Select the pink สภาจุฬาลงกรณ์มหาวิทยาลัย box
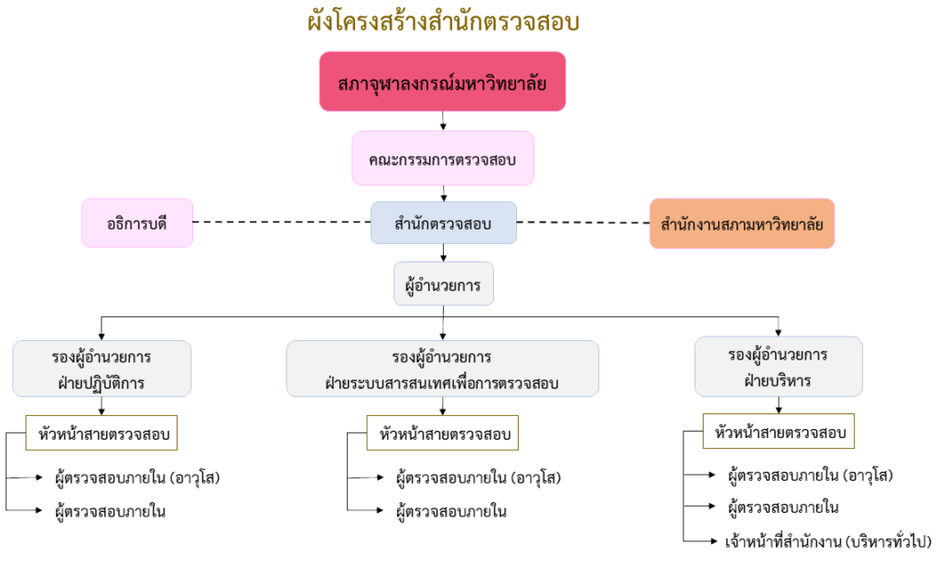[442, 81]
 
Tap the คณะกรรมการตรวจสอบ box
[443, 158]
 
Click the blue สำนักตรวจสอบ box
[444, 223]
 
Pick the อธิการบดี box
[137, 222]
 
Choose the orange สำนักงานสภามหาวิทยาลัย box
[741, 223]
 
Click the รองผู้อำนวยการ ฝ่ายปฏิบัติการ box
[102, 369]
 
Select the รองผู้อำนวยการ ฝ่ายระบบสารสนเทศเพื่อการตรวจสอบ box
[442, 369]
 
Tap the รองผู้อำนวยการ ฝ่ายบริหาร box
[778, 366]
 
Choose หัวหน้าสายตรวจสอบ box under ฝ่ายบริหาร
[779, 431]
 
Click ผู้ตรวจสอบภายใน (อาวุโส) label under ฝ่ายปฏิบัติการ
[138, 477]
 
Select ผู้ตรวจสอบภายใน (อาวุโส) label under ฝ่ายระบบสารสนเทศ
[479, 477]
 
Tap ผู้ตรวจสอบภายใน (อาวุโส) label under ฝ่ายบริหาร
[810, 475]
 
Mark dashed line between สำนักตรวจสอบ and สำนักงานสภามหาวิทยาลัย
[583, 222]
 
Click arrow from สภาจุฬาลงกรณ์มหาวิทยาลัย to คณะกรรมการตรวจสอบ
[443, 120]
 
